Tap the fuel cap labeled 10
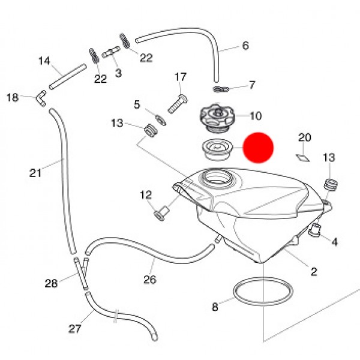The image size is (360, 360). pos(215,116)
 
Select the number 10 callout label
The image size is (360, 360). pos(255,116)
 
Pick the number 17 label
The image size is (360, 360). pos(181,77)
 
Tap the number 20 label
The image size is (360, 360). pos(305,138)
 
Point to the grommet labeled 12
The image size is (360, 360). pos(160,212)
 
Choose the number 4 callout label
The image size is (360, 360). pos(334,242)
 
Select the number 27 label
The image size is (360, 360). pos(74,329)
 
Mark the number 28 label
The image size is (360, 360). pos(52,283)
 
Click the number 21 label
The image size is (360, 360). pos(35,173)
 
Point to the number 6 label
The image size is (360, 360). pos(245,46)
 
